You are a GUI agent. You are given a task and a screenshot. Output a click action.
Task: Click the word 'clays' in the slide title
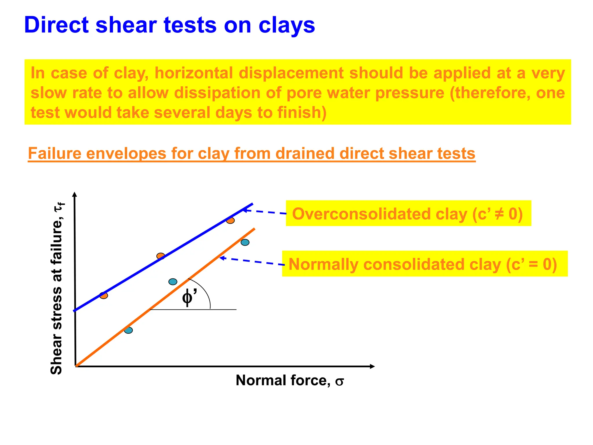click(286, 25)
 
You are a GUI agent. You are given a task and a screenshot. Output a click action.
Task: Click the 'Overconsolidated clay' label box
click(408, 214)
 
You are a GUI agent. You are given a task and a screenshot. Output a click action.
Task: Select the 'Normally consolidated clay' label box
click(424, 264)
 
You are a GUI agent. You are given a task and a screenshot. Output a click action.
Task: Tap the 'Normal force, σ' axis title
click(290, 380)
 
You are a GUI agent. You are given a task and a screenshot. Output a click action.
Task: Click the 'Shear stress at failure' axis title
click(57, 290)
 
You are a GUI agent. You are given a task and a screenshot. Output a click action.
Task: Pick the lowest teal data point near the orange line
click(129, 330)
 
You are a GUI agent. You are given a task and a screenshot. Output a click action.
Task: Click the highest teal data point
click(245, 242)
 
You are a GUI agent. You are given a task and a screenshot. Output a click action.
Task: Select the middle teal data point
click(173, 282)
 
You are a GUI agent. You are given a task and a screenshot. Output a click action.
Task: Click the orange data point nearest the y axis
click(104, 296)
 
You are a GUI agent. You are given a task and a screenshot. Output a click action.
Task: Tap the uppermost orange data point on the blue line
click(230, 220)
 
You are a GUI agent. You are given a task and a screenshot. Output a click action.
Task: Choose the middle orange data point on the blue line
click(161, 256)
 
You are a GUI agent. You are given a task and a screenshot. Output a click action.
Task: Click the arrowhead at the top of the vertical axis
click(74, 194)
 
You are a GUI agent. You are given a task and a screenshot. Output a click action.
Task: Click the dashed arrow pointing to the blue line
click(265, 212)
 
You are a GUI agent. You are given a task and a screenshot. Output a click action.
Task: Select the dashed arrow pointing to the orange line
click(252, 261)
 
